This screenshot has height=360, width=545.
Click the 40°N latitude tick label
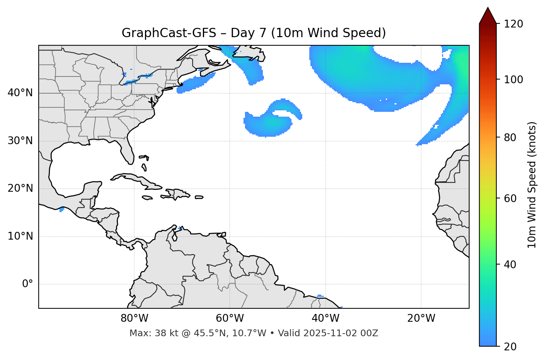[x=20, y=93]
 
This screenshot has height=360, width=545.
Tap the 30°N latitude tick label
[x=20, y=141]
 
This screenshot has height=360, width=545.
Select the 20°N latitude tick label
[x=20, y=188]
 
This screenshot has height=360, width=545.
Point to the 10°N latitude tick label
[x=20, y=236]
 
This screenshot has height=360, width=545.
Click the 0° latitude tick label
[x=28, y=284]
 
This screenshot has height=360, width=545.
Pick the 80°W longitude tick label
[x=134, y=318]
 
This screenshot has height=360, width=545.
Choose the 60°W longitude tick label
[x=230, y=318]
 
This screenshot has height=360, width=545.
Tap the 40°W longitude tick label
[x=325, y=318]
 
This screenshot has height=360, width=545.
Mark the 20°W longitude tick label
[x=421, y=318]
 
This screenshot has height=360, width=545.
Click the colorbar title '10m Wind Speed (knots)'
[x=532, y=185]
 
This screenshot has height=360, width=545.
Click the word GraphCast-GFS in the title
[x=169, y=33]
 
